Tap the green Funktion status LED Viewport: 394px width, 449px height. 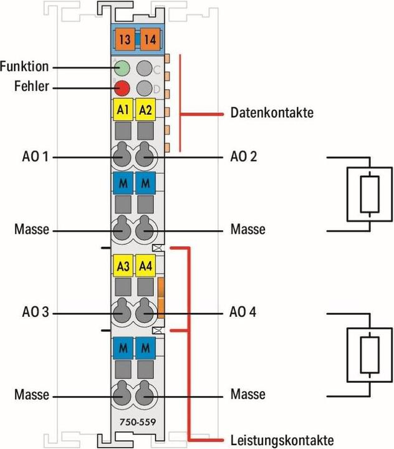[123, 67]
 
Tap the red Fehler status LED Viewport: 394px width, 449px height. [123, 88]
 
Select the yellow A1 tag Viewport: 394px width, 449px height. [123, 110]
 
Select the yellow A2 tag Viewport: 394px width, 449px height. [146, 110]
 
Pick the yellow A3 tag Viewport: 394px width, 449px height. [123, 266]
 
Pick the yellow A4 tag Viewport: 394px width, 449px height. [146, 266]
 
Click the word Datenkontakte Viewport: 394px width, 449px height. [272, 113]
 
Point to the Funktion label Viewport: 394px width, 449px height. [24, 67]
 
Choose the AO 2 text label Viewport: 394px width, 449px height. [244, 157]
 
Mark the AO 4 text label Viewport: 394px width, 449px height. [244, 312]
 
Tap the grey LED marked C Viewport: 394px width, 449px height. [145, 67]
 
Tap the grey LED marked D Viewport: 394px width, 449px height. [145, 88]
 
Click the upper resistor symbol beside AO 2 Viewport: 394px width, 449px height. [370, 194]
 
